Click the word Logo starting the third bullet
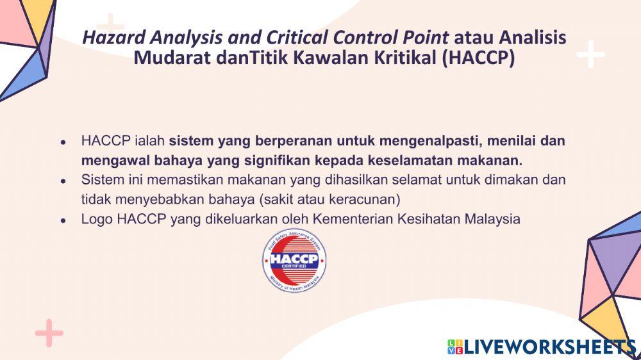click(x=97, y=219)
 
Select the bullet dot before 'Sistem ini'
click(x=63, y=181)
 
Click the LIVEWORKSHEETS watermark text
click(x=548, y=348)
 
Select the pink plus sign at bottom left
click(x=49, y=333)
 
